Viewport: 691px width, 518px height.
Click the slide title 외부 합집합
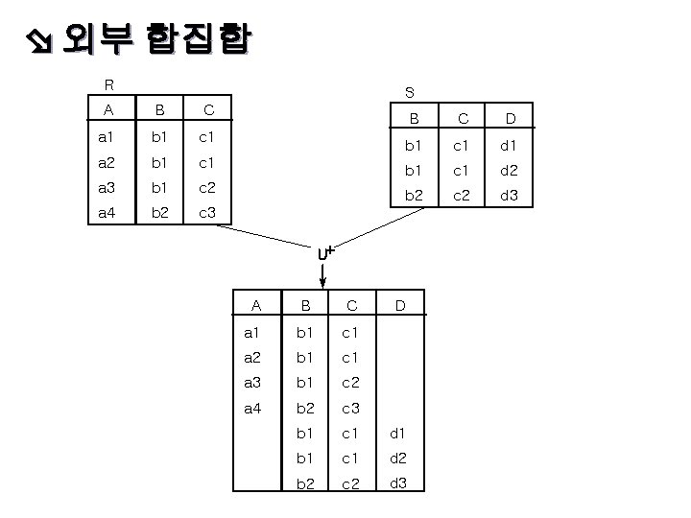pos(154,39)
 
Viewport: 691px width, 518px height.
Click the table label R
pos(110,83)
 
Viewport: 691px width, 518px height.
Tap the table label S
pos(410,93)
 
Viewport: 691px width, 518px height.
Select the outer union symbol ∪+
pos(325,254)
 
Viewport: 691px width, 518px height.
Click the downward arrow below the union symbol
pos(323,276)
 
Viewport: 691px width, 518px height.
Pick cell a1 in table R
pos(107,137)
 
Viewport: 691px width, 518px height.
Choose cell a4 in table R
pos(107,211)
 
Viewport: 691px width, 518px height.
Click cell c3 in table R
pos(207,211)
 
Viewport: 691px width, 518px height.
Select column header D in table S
pos(511,119)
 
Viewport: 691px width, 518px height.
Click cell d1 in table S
pos(511,147)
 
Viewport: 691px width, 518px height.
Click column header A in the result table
pos(255,306)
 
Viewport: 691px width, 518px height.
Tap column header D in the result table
pos(401,306)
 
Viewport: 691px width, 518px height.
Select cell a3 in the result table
pos(253,383)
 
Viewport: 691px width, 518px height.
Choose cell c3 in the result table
pos(351,408)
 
